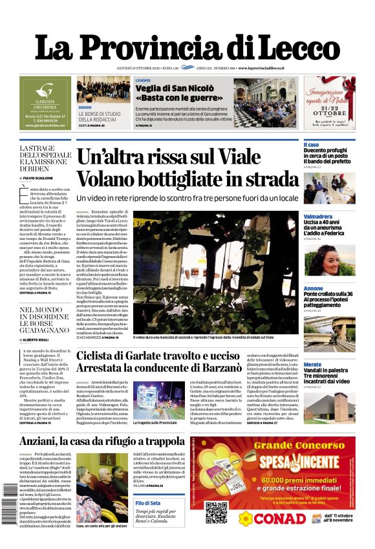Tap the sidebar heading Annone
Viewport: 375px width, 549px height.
pos(313,288)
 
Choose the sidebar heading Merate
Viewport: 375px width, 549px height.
pos(312,365)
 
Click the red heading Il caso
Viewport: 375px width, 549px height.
pos(311,144)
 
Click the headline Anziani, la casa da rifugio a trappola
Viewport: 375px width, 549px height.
pos(102,442)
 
